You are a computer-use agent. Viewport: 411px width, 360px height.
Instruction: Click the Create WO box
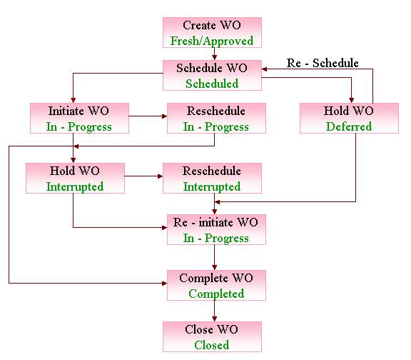(212, 33)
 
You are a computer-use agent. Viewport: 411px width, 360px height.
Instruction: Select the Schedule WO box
(212, 75)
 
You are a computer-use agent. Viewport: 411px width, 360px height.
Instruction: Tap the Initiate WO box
(79, 118)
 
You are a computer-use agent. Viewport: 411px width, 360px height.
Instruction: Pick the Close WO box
(212, 336)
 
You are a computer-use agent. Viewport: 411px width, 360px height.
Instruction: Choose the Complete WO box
(216, 285)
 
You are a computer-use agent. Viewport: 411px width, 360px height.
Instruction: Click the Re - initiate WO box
(216, 229)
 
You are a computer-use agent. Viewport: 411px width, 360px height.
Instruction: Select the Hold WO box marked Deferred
(349, 118)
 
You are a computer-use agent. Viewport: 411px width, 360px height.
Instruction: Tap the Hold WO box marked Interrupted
(75, 178)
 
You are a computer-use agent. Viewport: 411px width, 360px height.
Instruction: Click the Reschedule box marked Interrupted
(212, 178)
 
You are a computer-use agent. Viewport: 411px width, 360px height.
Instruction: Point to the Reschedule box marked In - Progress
(216, 118)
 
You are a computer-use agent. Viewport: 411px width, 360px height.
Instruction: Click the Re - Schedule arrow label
(323, 63)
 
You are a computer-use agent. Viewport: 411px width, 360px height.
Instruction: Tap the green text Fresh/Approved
(212, 41)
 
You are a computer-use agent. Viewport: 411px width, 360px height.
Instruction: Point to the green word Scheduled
(212, 84)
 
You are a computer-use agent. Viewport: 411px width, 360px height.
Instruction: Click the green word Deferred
(349, 126)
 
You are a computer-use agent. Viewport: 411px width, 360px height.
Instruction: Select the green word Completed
(216, 294)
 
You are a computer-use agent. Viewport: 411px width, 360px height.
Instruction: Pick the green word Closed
(211, 345)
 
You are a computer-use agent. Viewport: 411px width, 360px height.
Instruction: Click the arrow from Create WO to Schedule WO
(214, 54)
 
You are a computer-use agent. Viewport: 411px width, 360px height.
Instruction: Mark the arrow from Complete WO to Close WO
(214, 311)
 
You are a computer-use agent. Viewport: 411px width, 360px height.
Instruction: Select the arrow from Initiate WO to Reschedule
(148, 116)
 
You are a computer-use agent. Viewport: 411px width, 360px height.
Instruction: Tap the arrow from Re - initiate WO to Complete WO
(214, 257)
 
